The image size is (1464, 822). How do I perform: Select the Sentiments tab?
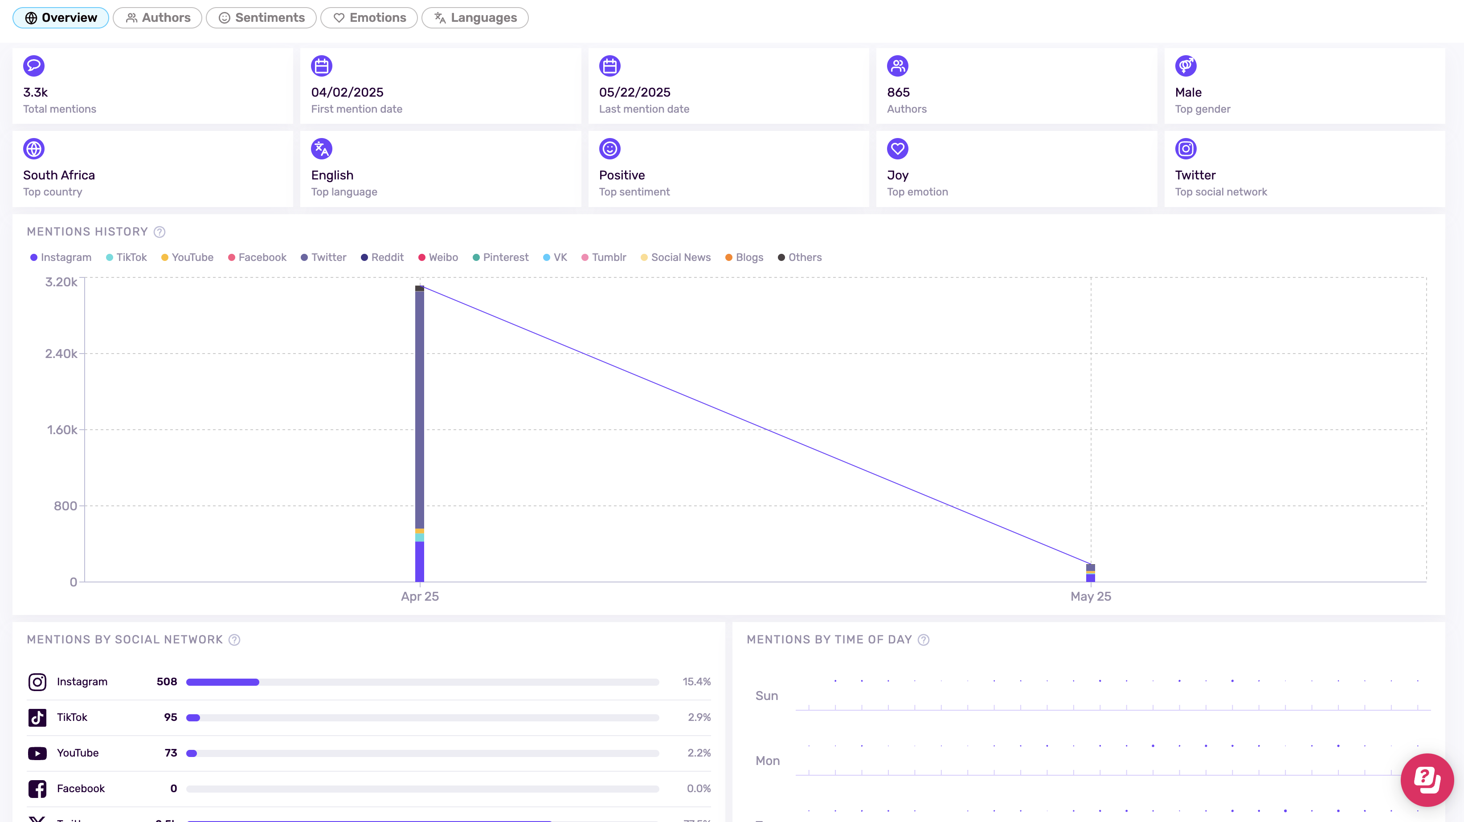click(x=262, y=18)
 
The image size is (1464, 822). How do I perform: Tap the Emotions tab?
click(x=369, y=18)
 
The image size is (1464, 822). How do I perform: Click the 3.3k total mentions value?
click(x=35, y=92)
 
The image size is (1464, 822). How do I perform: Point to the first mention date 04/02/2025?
click(x=347, y=92)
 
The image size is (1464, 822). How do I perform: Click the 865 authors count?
click(x=898, y=92)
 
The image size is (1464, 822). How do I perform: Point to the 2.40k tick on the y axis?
click(x=61, y=354)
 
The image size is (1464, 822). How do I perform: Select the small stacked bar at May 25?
click(x=1091, y=573)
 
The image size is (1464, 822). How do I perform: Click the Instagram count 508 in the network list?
click(x=167, y=682)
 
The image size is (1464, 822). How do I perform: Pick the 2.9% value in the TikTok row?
click(x=699, y=717)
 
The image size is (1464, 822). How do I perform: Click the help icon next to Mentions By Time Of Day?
click(x=924, y=640)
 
